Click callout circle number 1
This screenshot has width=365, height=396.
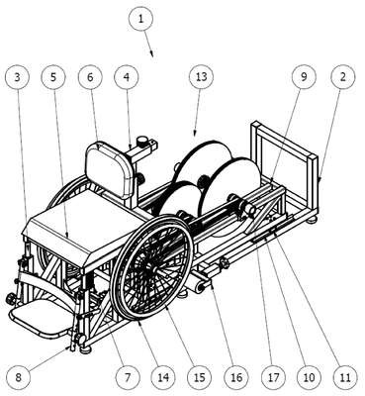[x=141, y=19]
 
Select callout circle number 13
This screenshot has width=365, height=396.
[x=201, y=77]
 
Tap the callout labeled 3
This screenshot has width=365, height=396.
[x=18, y=77]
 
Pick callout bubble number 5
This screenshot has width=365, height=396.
[x=53, y=77]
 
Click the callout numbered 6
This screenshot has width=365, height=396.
[x=90, y=77]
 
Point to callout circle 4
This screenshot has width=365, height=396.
[x=127, y=77]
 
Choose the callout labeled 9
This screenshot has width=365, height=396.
[x=304, y=77]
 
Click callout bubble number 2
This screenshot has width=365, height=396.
[x=343, y=77]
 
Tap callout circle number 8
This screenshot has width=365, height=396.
[x=18, y=377]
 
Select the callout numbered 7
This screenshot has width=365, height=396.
[x=128, y=377]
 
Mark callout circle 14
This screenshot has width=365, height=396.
[x=163, y=377]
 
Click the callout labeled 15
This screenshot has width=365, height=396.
[x=200, y=377]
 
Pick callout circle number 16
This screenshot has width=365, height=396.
[x=236, y=377]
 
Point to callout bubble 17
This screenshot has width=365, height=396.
[x=273, y=377]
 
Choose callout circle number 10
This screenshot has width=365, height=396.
[x=309, y=377]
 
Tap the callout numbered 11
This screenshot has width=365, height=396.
[x=345, y=377]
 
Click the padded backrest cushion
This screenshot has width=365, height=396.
[x=111, y=170]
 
